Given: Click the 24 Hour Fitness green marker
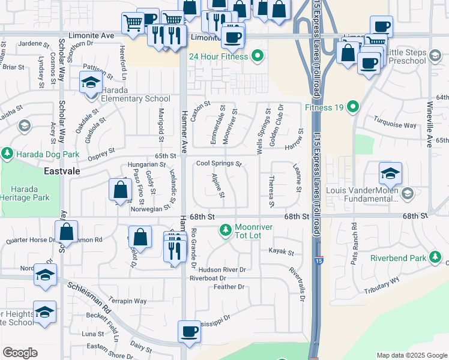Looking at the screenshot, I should tap(258, 57).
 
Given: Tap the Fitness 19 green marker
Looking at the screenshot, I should tap(353, 108).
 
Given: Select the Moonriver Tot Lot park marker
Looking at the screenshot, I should tap(226, 230).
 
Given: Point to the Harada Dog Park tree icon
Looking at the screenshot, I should tap(7, 154).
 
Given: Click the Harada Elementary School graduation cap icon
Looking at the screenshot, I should tap(90, 83).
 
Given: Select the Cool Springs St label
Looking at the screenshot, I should tap(219, 164).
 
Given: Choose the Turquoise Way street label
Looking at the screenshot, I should tap(394, 125).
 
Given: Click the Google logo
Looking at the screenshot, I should tap(20, 353).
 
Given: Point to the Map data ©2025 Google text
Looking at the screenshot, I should tap(411, 355).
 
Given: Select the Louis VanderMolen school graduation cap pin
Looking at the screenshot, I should tap(390, 174).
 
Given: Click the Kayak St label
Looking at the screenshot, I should tap(281, 252).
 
